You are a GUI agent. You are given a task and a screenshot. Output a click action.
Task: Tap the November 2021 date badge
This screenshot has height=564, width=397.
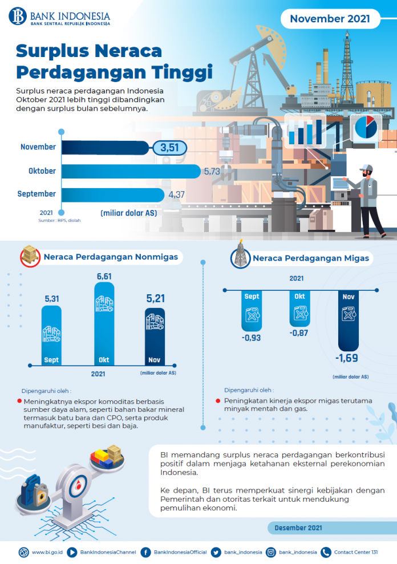pos(330,19)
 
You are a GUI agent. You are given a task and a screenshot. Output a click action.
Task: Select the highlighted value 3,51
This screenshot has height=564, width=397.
pos(170,148)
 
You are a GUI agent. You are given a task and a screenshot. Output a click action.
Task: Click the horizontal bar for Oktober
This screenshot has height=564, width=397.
pos(131,171)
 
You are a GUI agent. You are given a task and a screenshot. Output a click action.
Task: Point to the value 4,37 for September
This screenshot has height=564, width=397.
pos(176,195)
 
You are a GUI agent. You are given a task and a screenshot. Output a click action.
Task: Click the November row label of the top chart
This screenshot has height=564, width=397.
pos(38,147)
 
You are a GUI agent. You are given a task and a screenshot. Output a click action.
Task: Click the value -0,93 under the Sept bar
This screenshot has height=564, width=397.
pos(252,338)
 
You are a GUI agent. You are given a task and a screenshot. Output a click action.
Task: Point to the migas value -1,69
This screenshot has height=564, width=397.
pos(348,358)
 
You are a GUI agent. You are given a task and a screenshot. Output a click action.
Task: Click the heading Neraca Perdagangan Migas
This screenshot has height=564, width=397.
pos(311,258)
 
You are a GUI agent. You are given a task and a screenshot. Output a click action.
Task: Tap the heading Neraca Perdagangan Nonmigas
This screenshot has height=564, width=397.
pos(111,257)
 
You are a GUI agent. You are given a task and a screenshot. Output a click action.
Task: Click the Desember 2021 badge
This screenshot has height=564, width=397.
pos(297,528)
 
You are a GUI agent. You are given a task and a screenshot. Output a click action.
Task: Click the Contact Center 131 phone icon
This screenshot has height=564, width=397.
pos(326,552)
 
